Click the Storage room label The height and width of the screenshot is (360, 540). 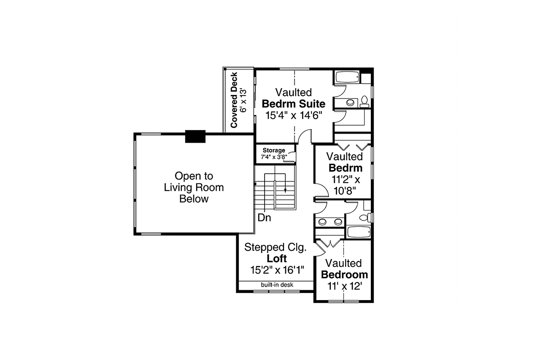(x=274, y=150)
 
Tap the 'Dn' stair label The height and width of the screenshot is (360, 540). (x=264, y=217)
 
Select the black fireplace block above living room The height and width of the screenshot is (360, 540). (x=195, y=136)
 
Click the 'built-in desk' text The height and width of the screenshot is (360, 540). (x=277, y=285)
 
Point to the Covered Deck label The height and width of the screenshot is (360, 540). (x=234, y=100)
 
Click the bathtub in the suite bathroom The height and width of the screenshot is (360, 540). (x=347, y=77)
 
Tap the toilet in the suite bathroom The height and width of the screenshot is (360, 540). (x=364, y=102)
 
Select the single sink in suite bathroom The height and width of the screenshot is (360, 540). (x=350, y=103)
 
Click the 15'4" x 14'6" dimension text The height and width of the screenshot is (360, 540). (x=294, y=116)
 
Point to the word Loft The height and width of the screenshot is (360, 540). (x=277, y=258)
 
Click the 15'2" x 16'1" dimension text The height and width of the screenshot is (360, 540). (x=277, y=270)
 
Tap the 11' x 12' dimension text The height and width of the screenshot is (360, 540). (x=345, y=286)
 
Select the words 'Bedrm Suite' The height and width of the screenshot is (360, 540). (x=293, y=104)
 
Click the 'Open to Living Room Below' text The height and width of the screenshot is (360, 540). (x=194, y=187)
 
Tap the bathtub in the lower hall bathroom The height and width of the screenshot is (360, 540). (x=359, y=232)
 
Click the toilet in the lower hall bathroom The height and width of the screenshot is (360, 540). (x=365, y=218)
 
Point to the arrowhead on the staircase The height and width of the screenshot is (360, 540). (x=285, y=190)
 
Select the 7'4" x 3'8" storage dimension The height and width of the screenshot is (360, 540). (x=274, y=157)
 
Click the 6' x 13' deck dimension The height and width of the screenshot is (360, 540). (x=244, y=100)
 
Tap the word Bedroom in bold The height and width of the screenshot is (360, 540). (x=345, y=274)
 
